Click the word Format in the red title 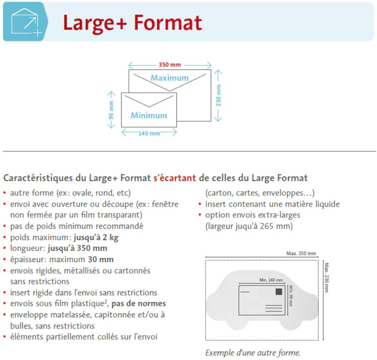tap(168, 23)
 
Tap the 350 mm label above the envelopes tap(170, 65)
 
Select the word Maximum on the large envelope tap(170, 78)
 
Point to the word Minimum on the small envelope tap(149, 116)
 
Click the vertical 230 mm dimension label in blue tap(218, 95)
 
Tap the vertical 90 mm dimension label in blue tap(111, 110)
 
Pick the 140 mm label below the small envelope tap(149, 133)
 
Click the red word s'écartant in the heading tap(175, 178)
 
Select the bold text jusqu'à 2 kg tap(96, 238)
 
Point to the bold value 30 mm tap(101, 259)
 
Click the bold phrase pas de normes tap(139, 303)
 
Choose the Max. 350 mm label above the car tap(301, 253)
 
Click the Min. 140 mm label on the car tap(271, 280)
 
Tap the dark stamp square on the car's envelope tap(279, 292)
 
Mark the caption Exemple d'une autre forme tap(253, 353)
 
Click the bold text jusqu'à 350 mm tap(77, 248)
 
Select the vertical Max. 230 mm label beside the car tap(326, 277)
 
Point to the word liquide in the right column tap(328, 204)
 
